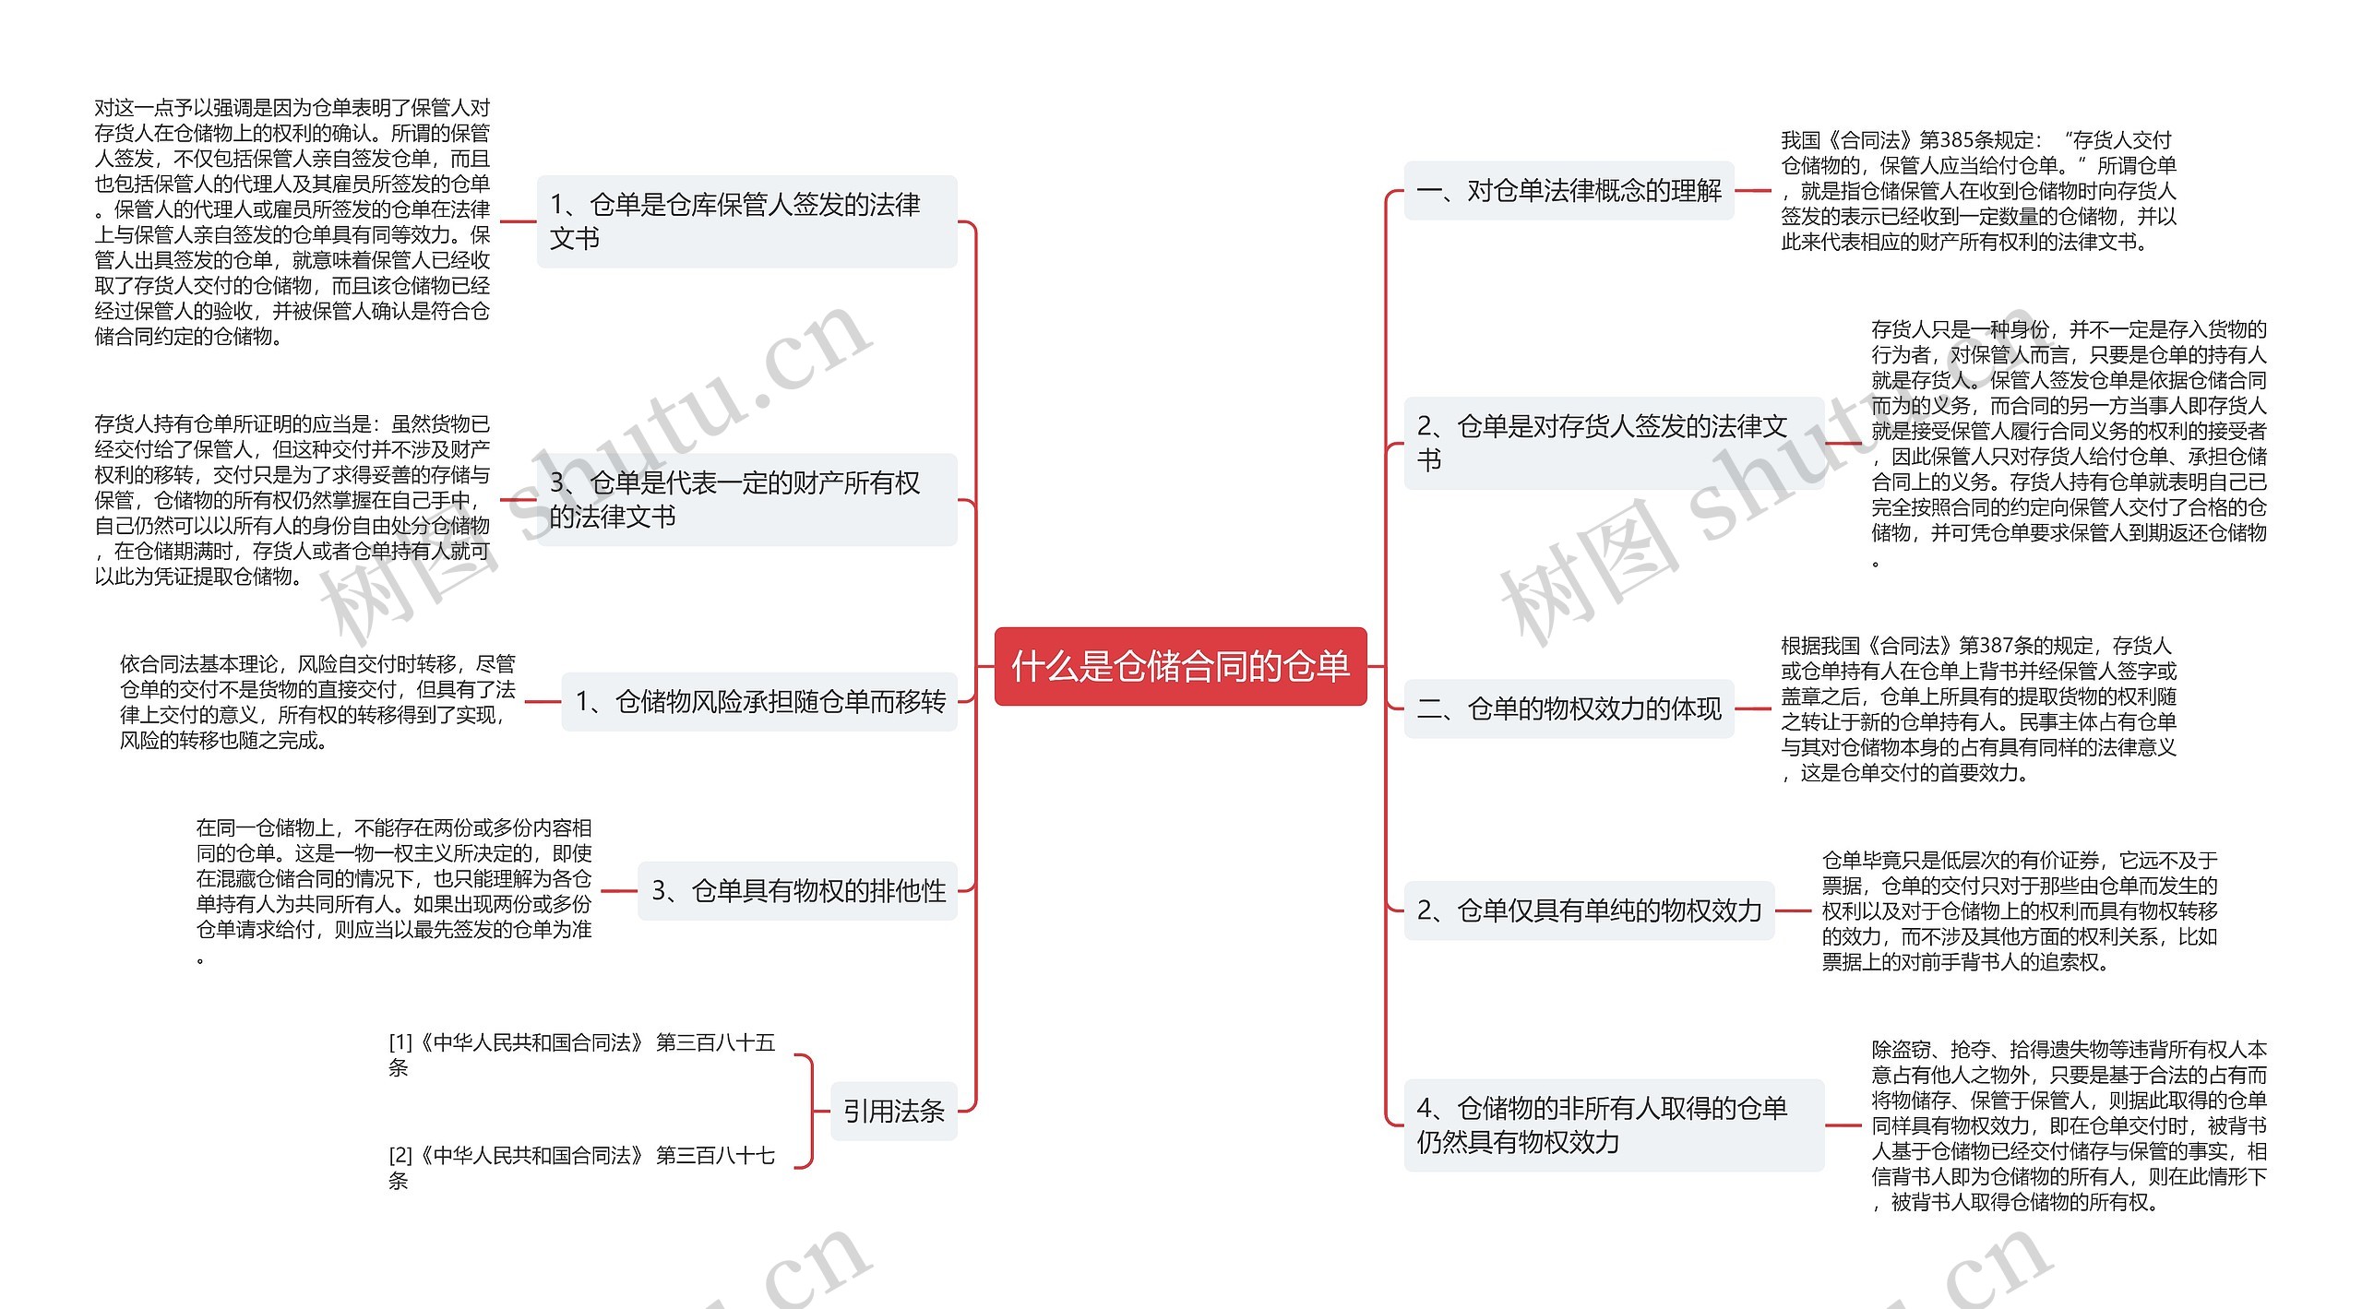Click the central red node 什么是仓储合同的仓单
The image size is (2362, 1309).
(x=1180, y=666)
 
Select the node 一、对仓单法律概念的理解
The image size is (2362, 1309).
(x=1569, y=191)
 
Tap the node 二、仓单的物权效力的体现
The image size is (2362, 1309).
(x=1569, y=708)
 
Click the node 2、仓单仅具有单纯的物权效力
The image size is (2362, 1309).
(x=1589, y=910)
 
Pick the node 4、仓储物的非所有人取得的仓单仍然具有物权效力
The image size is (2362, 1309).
(x=1613, y=1125)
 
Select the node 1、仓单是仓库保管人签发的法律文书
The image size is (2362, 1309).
(x=746, y=221)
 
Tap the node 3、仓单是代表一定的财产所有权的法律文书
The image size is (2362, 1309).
(x=746, y=499)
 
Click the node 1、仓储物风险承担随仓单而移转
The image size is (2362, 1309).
(x=759, y=702)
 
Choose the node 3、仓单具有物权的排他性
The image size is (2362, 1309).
(x=797, y=890)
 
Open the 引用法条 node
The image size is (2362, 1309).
(x=893, y=1111)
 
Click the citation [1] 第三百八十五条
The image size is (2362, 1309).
(x=581, y=1054)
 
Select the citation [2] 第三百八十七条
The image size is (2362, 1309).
(x=581, y=1167)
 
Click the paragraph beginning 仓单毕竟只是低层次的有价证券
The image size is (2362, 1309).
(x=2019, y=910)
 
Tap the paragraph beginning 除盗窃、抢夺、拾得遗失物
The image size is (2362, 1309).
(x=2069, y=1125)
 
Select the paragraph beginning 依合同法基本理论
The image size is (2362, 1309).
(x=317, y=702)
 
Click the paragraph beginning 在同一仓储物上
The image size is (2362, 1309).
(x=394, y=890)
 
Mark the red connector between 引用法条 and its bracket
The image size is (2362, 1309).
(x=821, y=1111)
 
